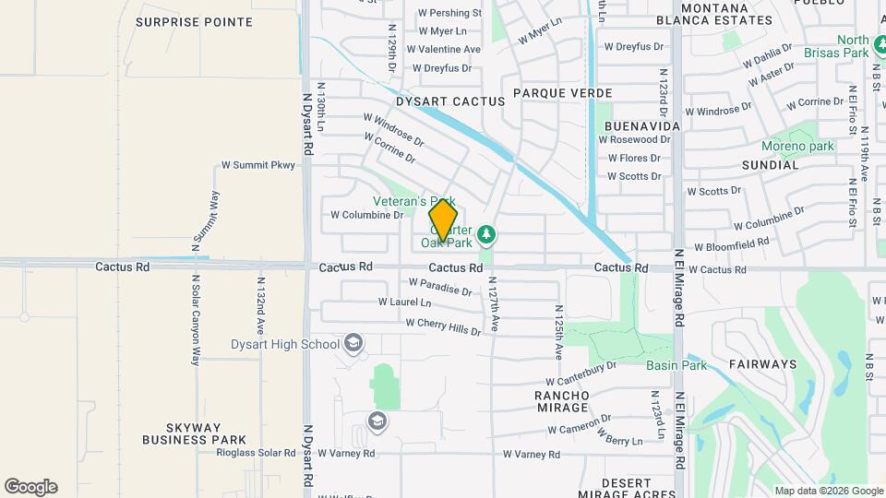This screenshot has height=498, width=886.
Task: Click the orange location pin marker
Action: pos(443,220)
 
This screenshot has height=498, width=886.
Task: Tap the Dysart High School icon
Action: pos(352,344)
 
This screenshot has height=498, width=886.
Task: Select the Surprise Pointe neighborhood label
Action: pos(194,20)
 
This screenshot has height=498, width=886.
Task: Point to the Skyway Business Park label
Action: pos(194,433)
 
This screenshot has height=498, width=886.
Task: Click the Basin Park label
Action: pos(676,365)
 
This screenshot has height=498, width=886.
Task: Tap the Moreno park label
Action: pos(797,146)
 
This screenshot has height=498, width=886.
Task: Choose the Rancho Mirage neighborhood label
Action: pos(561,401)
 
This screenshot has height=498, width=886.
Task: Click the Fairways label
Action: pos(762,364)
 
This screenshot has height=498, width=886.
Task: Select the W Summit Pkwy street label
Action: pos(257,166)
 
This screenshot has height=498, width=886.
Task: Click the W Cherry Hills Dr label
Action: pos(443,326)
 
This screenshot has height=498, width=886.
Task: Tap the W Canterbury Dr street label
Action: pos(581,373)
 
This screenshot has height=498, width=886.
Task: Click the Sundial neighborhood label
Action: pos(770,165)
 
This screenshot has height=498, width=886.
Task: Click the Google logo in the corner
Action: pos(30,487)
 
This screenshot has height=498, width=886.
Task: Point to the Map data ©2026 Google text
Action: pos(828,491)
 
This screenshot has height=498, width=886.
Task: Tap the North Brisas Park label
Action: pos(853,46)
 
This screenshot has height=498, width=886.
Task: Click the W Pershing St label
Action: pos(449,14)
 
